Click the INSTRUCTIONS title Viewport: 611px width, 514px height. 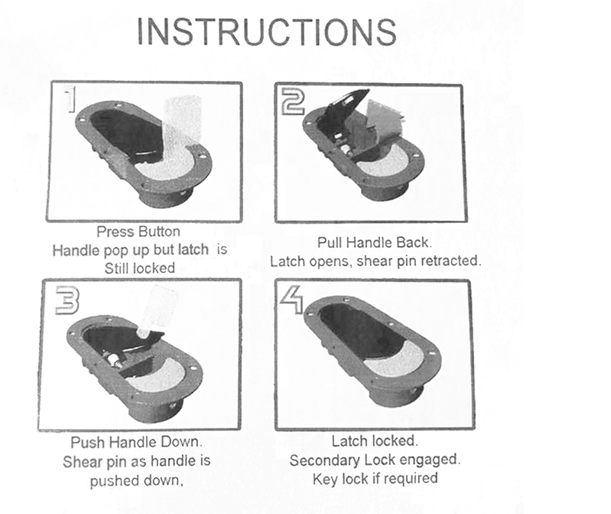(x=267, y=31)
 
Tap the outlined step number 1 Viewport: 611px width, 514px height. (x=70, y=100)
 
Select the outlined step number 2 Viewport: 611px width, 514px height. (x=292, y=102)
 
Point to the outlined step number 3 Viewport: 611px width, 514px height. (x=67, y=300)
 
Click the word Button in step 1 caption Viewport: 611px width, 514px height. (x=160, y=232)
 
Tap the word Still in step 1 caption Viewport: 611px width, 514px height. (x=117, y=268)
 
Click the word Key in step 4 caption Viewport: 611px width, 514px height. (x=325, y=479)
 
